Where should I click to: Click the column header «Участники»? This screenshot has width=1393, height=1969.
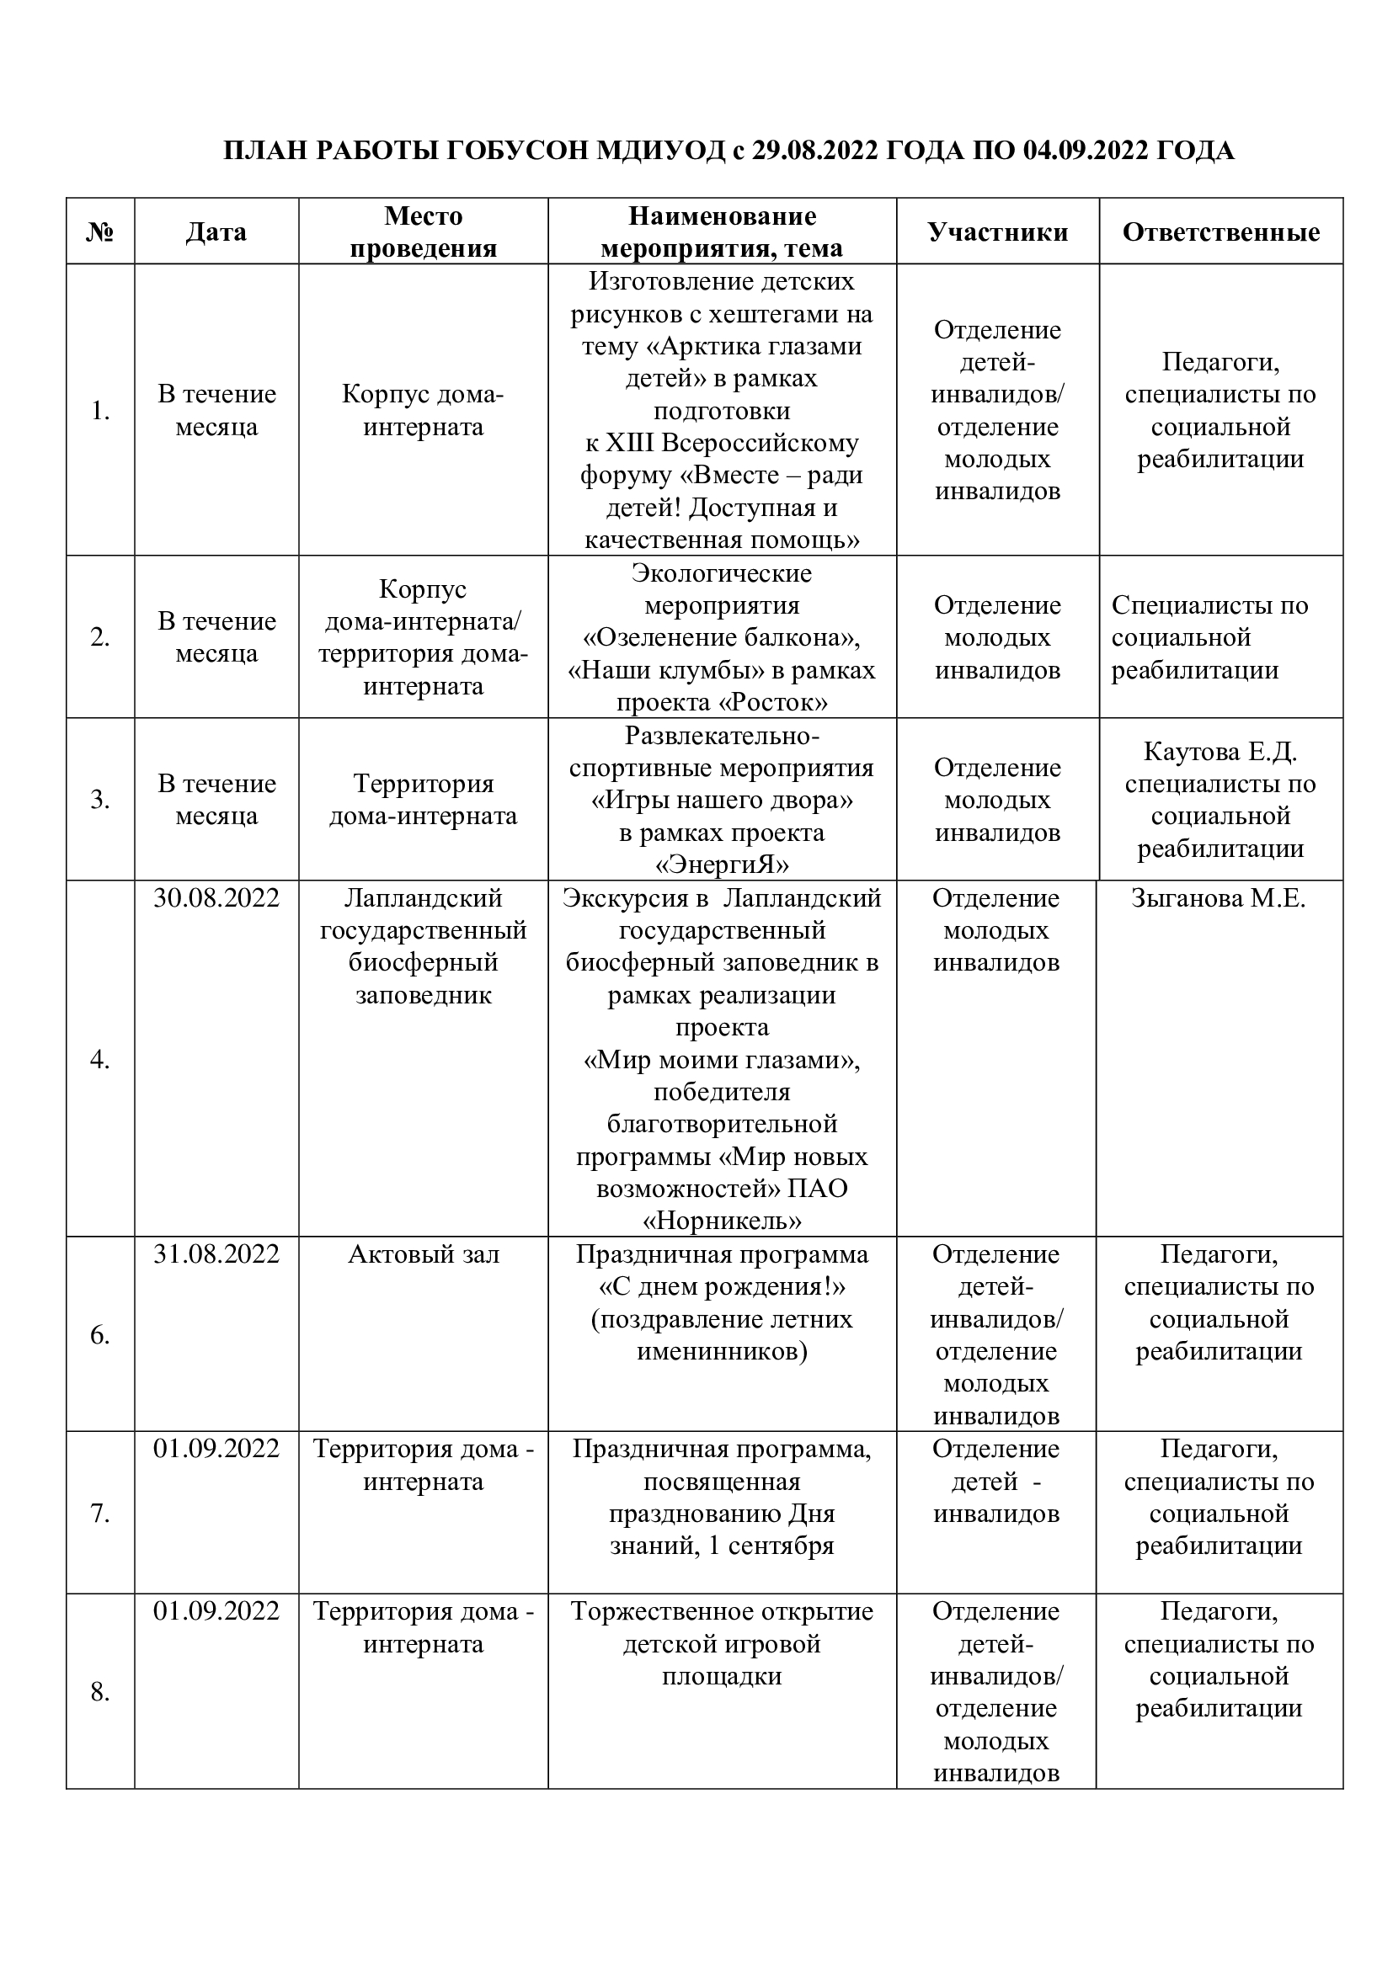(997, 231)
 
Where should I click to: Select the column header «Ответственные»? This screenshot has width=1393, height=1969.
(1220, 231)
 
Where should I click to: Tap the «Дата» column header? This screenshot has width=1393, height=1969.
(216, 231)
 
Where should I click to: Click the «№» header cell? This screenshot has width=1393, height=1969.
(100, 231)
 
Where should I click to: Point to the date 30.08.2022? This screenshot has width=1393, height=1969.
(216, 898)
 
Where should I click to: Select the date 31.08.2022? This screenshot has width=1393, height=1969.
(216, 1253)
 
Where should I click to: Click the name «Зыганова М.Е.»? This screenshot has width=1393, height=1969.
(1218, 898)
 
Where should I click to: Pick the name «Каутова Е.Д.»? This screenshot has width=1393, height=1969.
(1220, 751)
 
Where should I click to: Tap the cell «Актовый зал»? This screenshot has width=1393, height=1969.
(423, 1253)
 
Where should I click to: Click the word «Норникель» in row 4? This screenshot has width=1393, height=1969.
(722, 1221)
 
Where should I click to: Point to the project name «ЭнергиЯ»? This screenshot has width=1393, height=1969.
(722, 865)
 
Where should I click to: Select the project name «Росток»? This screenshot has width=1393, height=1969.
(772, 702)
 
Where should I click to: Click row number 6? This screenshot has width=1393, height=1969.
(100, 1334)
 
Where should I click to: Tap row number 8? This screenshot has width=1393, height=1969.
(100, 1691)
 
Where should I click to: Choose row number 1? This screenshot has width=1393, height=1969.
(100, 411)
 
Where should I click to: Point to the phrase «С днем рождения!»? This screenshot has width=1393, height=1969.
(722, 1286)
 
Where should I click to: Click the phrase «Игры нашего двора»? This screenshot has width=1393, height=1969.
(722, 800)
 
